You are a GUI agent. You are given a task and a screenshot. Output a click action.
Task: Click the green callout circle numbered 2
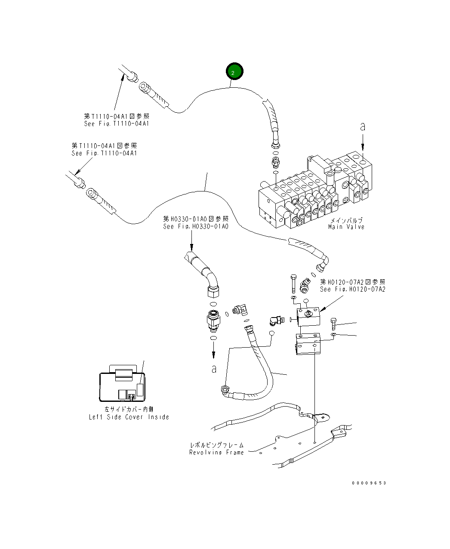click(x=233, y=72)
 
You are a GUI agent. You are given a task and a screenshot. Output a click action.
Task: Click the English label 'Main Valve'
click(x=346, y=227)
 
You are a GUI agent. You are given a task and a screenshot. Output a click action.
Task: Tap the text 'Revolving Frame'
click(x=216, y=452)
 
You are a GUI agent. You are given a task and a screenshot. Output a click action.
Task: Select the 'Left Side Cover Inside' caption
click(x=129, y=417)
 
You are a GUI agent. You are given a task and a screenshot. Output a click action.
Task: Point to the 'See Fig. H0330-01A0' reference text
click(x=196, y=226)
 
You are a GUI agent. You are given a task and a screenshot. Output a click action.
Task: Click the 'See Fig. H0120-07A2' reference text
click(x=352, y=289)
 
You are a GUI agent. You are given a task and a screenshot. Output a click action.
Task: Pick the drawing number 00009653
click(x=369, y=483)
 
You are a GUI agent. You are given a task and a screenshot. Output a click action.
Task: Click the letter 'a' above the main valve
click(x=363, y=126)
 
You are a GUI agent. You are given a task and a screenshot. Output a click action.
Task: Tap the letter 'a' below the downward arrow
click(x=214, y=369)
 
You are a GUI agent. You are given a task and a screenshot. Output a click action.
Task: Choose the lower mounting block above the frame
click(x=308, y=344)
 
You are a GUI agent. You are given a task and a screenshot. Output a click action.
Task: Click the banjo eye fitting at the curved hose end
click(x=224, y=389)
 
